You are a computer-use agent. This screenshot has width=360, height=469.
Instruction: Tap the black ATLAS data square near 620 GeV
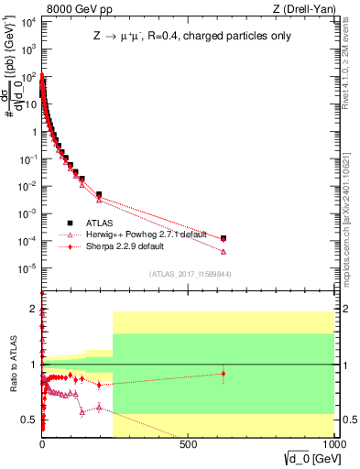224,238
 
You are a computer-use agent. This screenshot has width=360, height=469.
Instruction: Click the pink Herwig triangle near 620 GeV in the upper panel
224,252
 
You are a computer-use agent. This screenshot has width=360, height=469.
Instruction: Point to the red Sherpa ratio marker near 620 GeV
224,373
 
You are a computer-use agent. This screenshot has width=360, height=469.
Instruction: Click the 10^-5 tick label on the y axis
27,267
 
